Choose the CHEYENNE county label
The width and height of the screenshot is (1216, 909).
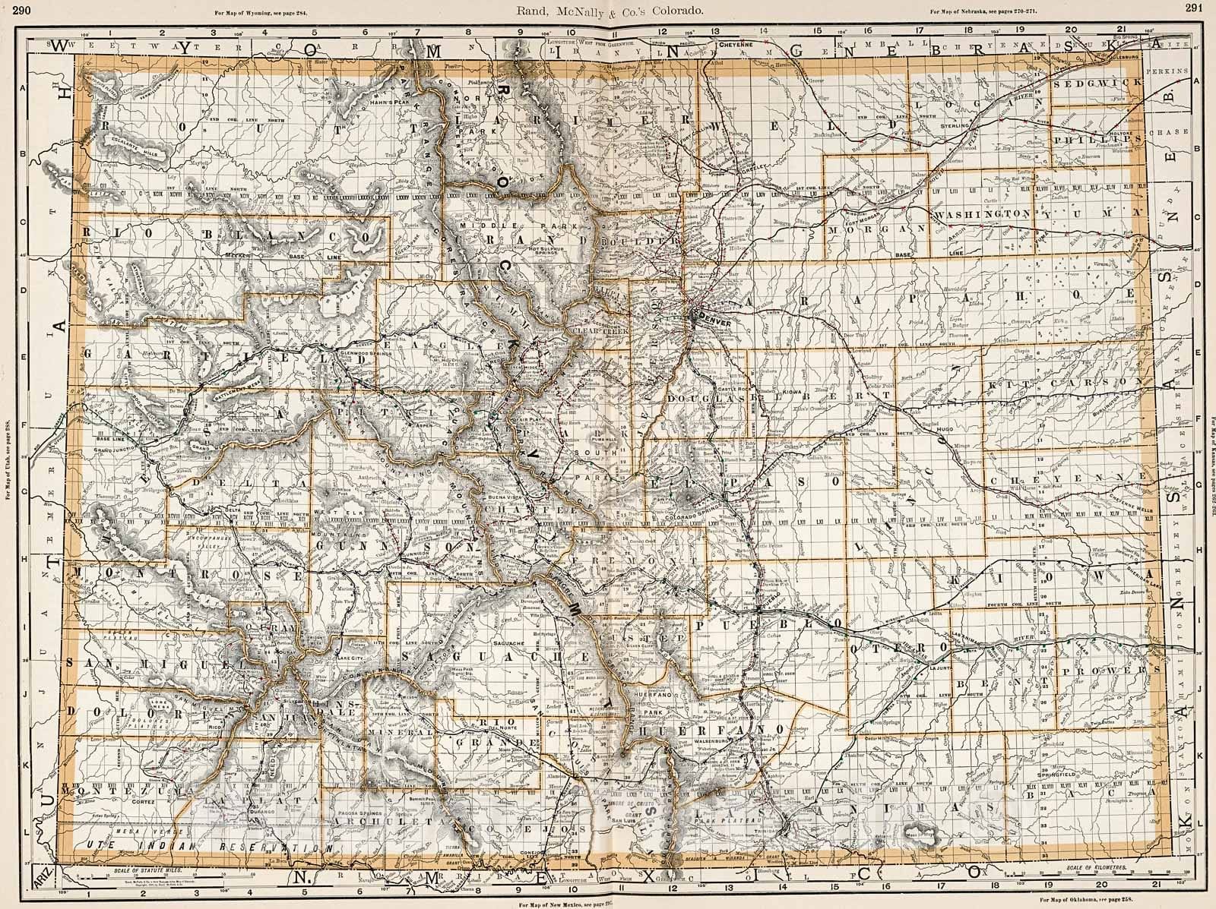point(1077,475)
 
